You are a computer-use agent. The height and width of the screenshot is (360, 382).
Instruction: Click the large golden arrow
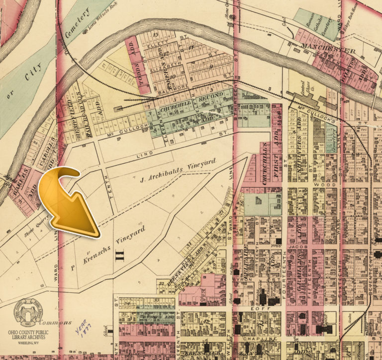69,199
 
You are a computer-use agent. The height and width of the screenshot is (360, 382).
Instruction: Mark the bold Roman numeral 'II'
119,256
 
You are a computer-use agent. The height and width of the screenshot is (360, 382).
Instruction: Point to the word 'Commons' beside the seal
59,322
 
